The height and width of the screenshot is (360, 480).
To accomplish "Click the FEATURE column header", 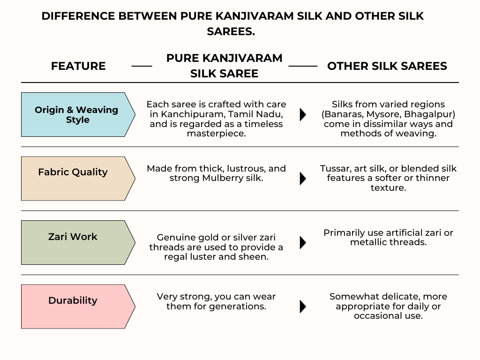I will [x=78, y=66].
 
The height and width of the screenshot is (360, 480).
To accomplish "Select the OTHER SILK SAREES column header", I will [x=387, y=66].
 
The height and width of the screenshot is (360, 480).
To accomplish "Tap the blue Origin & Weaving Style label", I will [x=76, y=114].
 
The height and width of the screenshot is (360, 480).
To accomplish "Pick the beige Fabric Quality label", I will [x=73, y=172].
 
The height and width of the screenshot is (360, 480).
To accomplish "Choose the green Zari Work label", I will [x=73, y=237].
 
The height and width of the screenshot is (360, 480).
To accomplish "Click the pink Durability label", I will [x=73, y=300].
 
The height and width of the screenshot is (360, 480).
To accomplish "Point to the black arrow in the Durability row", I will [x=303, y=307].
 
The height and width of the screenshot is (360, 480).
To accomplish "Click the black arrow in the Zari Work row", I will [x=303, y=242].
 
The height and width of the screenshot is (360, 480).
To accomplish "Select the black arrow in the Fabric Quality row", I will [x=303, y=179].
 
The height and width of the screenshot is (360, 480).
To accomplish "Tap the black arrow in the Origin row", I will [x=303, y=114].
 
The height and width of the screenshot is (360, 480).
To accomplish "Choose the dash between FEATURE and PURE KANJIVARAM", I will [x=142, y=66].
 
